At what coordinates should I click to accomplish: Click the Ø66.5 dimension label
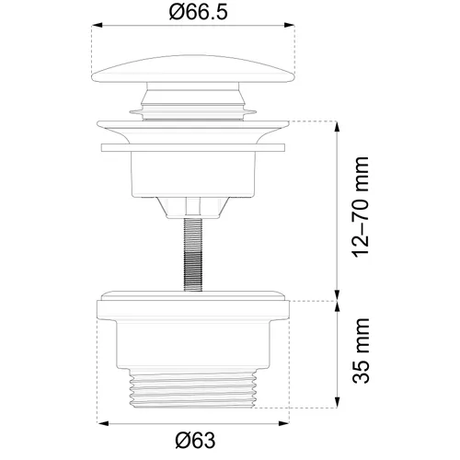[x=199, y=12]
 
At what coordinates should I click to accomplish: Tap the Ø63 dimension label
[x=195, y=441]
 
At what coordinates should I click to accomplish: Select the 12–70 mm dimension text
[x=361, y=207]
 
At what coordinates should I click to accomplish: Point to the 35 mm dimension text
[x=361, y=351]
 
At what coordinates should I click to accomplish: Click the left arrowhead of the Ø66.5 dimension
[x=97, y=25]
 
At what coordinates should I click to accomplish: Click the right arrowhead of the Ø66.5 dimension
[x=290, y=25]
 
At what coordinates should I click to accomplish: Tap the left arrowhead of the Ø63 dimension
[x=103, y=423]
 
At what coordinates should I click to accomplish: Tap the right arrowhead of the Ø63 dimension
[x=283, y=423]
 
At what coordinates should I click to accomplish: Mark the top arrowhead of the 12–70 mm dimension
[x=337, y=127]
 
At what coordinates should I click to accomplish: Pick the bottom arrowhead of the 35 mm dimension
[x=337, y=402]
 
